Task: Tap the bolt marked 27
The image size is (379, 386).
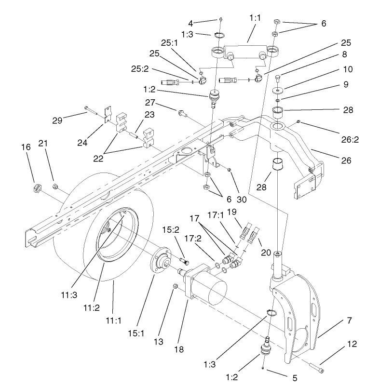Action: [x=182, y=114]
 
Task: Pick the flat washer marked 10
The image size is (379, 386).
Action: [x=278, y=91]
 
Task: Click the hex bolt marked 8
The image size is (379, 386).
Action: [x=277, y=78]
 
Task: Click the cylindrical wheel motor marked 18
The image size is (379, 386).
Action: [x=207, y=284]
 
